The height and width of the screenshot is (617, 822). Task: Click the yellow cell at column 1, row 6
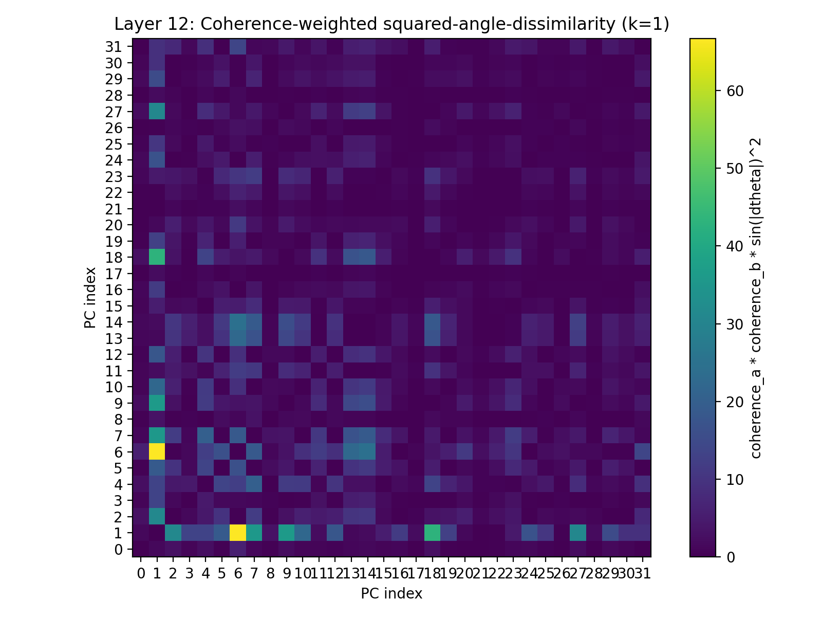tap(157, 452)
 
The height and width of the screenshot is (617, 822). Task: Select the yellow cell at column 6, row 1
tap(237, 533)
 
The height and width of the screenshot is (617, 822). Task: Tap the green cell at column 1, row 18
tap(157, 258)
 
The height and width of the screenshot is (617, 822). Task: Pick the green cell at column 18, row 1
tap(432, 533)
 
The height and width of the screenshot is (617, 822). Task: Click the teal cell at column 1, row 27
tap(157, 112)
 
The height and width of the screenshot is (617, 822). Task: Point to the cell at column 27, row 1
tap(577, 533)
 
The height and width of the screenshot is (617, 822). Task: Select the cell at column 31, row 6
tap(642, 452)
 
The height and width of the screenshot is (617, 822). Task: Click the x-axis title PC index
tap(391, 594)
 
